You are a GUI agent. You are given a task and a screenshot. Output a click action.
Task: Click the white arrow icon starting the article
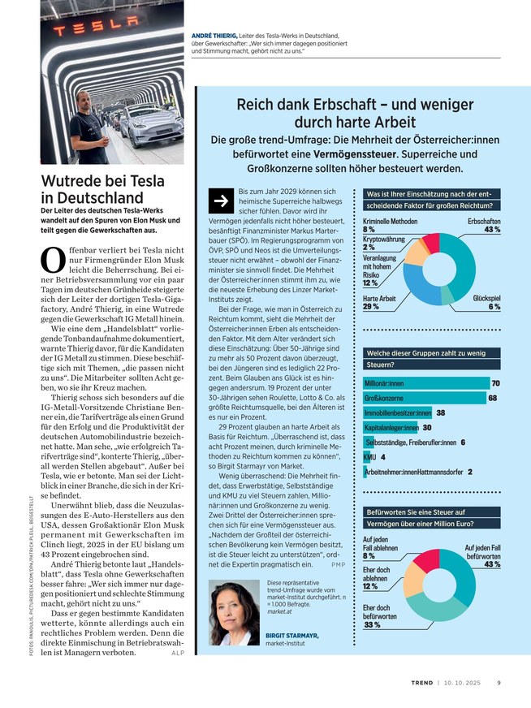coord(219,201)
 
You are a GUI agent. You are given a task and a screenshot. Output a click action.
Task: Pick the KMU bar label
coord(368,457)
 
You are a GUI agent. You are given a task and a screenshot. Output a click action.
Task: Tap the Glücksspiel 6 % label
coord(486,303)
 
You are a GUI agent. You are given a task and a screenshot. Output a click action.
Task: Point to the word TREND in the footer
coord(421,682)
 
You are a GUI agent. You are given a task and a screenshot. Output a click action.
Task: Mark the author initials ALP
coord(179,652)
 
